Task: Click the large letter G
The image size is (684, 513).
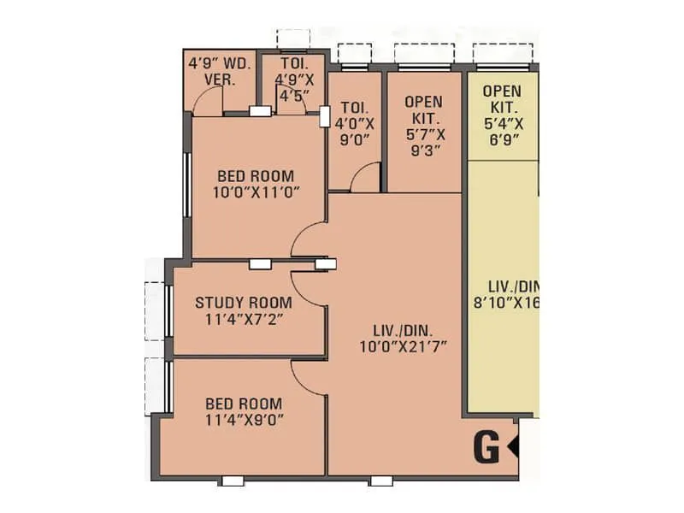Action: [x=486, y=448]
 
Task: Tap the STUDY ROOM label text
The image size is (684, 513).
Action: [x=243, y=303]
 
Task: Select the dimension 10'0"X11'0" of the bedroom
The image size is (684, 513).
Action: [x=256, y=192]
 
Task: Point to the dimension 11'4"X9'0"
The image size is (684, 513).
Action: [x=245, y=419]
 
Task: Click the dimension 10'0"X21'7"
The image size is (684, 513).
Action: [x=404, y=346]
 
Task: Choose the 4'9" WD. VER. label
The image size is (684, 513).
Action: [x=219, y=71]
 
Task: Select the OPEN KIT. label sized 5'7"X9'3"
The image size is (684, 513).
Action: [x=424, y=102]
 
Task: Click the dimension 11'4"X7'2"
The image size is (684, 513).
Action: [x=243, y=319]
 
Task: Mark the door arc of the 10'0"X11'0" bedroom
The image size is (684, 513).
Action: [x=306, y=240]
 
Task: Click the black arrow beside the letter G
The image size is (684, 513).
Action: [x=514, y=446]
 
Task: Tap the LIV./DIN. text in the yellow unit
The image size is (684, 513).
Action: [x=505, y=286]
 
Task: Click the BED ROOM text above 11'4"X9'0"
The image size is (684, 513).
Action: [x=245, y=403]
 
